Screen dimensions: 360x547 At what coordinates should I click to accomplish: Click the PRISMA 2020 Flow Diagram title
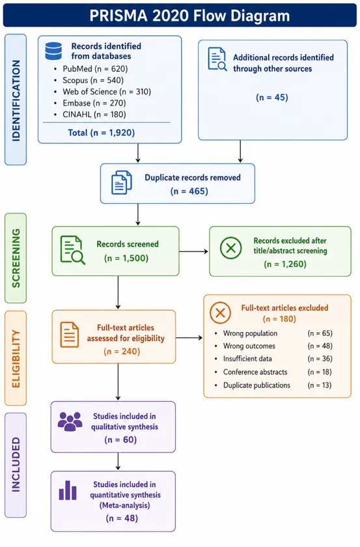coord(189,16)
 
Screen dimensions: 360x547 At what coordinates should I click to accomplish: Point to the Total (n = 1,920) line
coord(101,133)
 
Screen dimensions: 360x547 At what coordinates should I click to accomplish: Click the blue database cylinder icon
coord(54,51)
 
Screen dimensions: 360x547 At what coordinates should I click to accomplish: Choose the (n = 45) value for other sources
coord(272,97)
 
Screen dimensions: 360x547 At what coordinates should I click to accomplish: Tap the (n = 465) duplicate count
coord(189,191)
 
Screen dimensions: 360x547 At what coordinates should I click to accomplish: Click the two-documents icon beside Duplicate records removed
coord(121,182)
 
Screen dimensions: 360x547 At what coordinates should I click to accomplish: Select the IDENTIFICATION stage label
coord(16,100)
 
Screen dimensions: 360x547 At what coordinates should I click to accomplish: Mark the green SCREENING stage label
coord(16,258)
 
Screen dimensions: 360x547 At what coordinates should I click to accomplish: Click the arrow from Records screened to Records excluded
coord(193,251)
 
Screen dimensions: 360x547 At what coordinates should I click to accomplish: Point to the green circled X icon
coord(231,248)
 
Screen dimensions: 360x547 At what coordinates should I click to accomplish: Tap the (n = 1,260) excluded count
coord(285,264)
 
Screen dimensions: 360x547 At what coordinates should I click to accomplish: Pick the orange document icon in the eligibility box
coord(70,335)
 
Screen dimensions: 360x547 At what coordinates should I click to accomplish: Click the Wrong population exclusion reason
coord(251,333)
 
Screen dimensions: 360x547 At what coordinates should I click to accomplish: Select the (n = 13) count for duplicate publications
coord(320,385)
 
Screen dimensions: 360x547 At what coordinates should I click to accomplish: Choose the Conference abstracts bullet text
coord(255,372)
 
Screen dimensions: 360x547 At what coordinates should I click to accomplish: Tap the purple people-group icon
coord(70,421)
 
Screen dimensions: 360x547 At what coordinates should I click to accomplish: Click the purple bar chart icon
coord(68,490)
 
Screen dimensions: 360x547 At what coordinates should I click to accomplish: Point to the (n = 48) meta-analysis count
coord(122,518)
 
